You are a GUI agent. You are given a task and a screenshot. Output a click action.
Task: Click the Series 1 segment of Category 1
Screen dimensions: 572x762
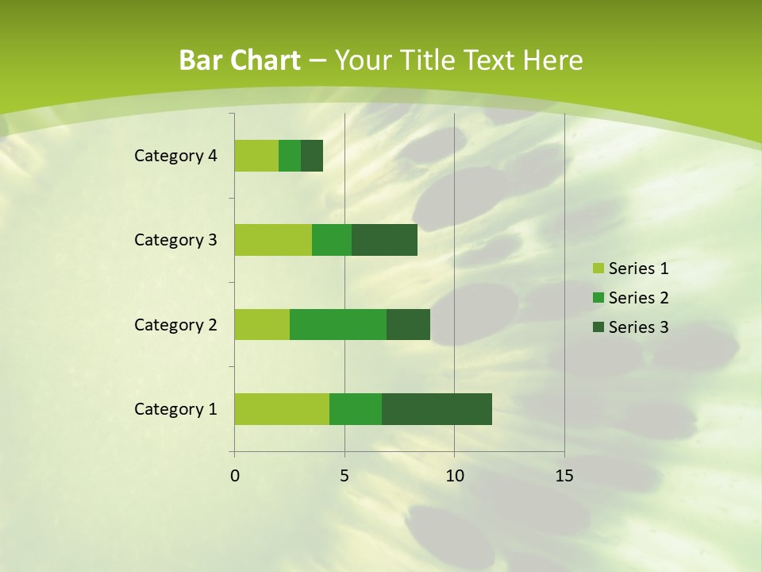pyautogui.click(x=282, y=408)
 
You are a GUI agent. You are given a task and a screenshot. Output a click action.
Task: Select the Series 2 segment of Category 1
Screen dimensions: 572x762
pyautogui.click(x=356, y=408)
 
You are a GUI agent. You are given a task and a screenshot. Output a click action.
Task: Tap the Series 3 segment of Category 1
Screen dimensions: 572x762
pyautogui.click(x=437, y=408)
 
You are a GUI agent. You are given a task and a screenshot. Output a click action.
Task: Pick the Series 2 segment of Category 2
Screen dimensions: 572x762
pyautogui.click(x=338, y=324)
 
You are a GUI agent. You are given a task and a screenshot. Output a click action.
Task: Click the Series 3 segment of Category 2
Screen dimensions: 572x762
pyautogui.click(x=408, y=324)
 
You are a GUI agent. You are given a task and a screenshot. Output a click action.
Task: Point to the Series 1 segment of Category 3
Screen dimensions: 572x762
pyautogui.click(x=273, y=239)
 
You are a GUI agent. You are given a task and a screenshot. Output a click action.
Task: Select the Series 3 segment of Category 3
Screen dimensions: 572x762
pyautogui.click(x=384, y=239)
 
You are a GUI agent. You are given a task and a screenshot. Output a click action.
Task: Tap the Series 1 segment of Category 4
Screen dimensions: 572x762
pyautogui.click(x=256, y=155)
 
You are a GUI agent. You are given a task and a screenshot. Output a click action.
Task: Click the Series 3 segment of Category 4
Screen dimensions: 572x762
pyautogui.click(x=312, y=155)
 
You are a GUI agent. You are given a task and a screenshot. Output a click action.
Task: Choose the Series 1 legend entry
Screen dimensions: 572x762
pyautogui.click(x=630, y=269)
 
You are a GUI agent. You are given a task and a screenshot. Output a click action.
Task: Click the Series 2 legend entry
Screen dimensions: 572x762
pyautogui.click(x=630, y=298)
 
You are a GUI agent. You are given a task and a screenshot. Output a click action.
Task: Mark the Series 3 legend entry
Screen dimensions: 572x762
pyautogui.click(x=630, y=327)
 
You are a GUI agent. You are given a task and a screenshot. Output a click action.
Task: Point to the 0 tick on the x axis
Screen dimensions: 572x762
pyautogui.click(x=235, y=476)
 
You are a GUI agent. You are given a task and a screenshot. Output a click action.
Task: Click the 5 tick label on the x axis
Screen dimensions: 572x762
pyautogui.click(x=344, y=476)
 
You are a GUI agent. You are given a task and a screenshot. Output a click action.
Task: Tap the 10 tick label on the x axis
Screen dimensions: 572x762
pyautogui.click(x=454, y=476)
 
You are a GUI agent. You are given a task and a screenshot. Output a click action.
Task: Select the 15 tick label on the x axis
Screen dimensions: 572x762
pyautogui.click(x=564, y=476)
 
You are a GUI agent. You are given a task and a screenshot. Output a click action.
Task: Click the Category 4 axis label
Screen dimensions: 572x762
pyautogui.click(x=175, y=156)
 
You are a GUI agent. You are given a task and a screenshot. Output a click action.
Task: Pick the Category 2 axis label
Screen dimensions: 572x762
pyautogui.click(x=175, y=325)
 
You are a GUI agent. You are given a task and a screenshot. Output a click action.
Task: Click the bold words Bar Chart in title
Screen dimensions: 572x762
pyautogui.click(x=240, y=60)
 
